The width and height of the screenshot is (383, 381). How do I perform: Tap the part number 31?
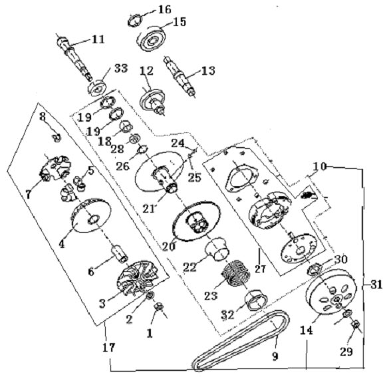tap(376, 285)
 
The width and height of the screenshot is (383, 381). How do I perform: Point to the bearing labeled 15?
tap(152, 39)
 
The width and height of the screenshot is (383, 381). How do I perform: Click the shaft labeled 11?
tap(74, 59)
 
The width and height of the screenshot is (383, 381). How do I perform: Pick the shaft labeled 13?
tap(180, 76)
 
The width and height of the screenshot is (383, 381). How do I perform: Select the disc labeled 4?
tap(91, 215)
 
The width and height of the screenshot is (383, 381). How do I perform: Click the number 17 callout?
tap(109, 347)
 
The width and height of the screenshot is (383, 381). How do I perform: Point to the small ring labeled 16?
tap(134, 21)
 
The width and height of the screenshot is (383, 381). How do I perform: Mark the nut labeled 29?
tap(356, 325)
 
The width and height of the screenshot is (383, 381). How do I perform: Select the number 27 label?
tap(260, 269)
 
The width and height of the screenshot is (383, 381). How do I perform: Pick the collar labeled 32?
tap(256, 299)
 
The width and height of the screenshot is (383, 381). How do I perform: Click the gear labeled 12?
tap(153, 100)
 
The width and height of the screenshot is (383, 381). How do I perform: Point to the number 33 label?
tap(121, 68)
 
